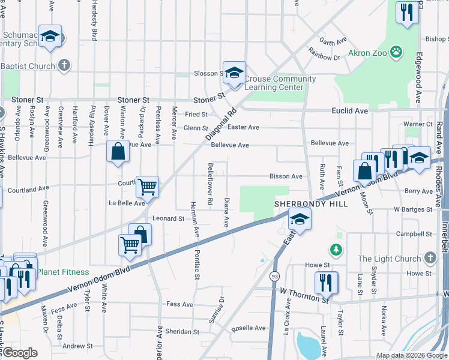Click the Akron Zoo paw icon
(396, 52)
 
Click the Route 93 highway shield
(275, 276)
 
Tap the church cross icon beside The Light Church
(429, 258)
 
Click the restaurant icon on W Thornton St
(326, 281)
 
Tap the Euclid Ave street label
(349, 111)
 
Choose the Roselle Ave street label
(249, 328)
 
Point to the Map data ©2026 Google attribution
(411, 355)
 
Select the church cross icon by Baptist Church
(64, 65)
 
